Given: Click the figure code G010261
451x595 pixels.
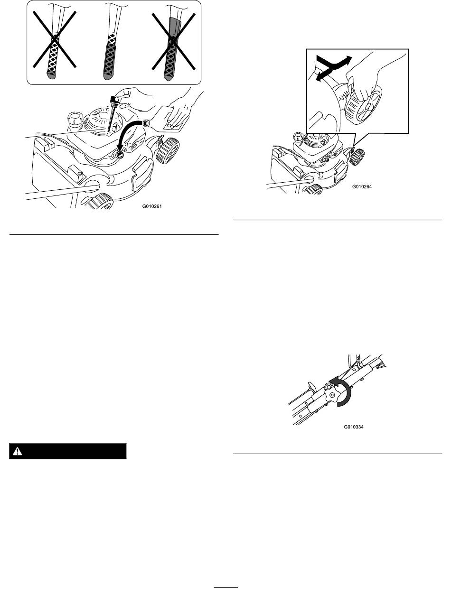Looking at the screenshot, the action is [152, 206].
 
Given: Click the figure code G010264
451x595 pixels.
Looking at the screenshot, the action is [362, 187].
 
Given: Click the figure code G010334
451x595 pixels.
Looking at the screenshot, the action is [353, 427].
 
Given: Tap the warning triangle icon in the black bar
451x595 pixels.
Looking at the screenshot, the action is [18, 451].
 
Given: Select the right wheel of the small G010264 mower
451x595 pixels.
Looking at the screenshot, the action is [357, 157].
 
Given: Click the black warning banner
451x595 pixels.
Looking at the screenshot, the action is [68, 451].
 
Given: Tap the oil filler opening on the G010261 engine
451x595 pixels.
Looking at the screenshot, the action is [120, 155].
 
